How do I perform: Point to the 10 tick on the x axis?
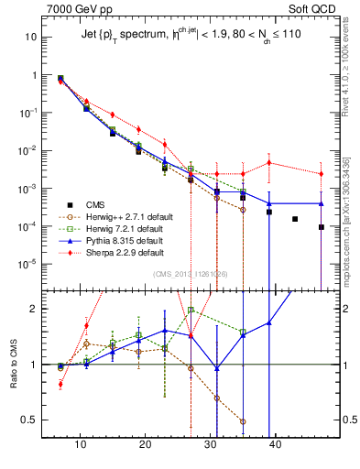pyautogui.click(x=81, y=443)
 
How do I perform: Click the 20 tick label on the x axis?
pyautogui.click(x=146, y=443)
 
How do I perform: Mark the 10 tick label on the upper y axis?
pyautogui.click(x=30, y=38)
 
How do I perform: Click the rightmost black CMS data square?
pyautogui.click(x=322, y=227)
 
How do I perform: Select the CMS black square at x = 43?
pyautogui.click(x=295, y=219)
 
